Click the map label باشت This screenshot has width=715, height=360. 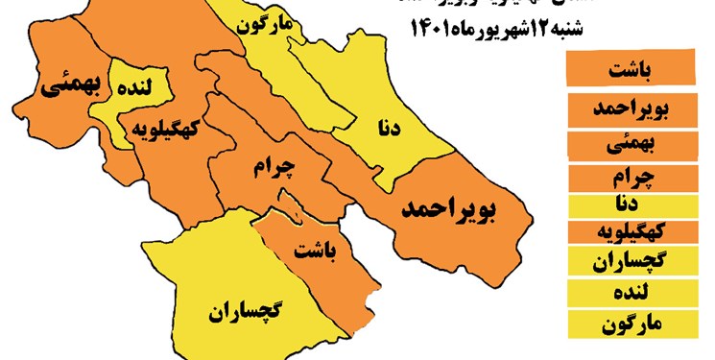point(317,252)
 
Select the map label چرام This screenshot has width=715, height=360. point(275,167)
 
